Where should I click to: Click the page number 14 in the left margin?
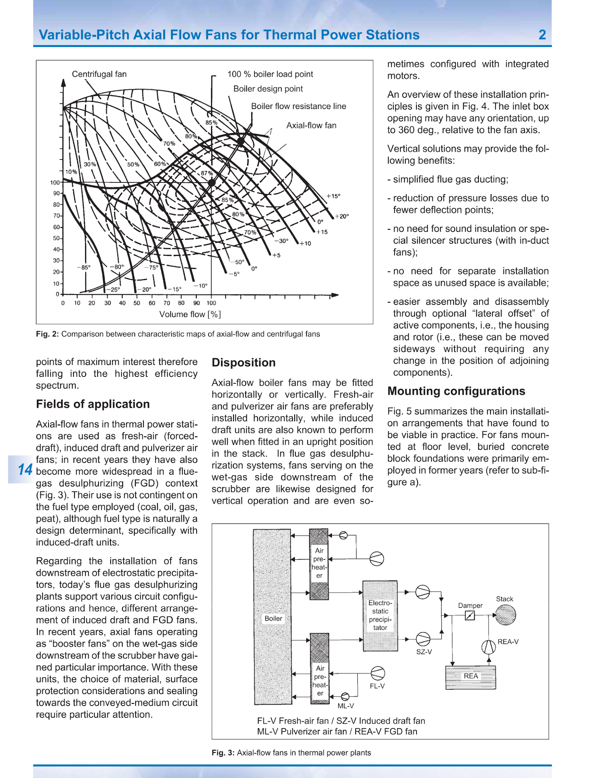click(25, 470)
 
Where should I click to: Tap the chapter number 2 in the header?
click(542, 35)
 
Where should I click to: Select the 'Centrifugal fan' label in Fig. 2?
click(99, 74)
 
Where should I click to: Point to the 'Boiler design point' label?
click(268, 89)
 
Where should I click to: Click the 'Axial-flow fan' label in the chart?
click(311, 125)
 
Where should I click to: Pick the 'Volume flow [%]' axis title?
click(190, 314)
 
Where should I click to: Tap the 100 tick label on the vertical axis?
click(55, 183)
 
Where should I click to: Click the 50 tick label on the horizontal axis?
click(137, 303)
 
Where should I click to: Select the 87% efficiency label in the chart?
click(207, 173)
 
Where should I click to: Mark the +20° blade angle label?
click(342, 216)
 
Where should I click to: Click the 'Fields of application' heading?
click(93, 404)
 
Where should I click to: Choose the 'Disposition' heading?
click(243, 362)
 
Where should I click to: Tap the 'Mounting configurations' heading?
click(456, 391)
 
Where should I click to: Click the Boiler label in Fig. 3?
click(273, 618)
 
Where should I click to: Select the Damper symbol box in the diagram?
click(470, 615)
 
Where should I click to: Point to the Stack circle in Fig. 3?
click(506, 615)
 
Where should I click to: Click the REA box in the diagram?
click(470, 676)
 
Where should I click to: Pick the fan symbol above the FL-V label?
click(377, 673)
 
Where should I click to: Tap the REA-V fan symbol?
click(489, 647)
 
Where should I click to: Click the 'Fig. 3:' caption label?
click(223, 753)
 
